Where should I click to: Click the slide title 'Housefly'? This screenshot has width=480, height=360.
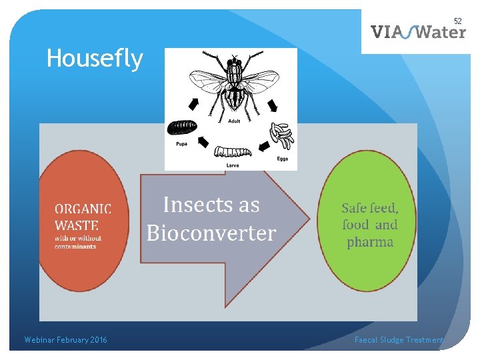(94, 59)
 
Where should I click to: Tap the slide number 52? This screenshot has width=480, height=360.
(457, 21)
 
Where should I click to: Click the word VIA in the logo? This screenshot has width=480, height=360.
(386, 32)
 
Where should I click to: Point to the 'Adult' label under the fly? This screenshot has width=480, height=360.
(234, 121)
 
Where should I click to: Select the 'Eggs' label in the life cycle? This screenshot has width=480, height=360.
(283, 159)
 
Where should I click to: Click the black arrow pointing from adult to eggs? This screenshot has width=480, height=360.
(273, 105)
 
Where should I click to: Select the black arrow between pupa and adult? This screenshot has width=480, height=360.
(193, 103)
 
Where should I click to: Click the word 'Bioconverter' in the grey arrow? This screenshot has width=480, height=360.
(211, 233)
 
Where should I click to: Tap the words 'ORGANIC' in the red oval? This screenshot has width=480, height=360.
(83, 209)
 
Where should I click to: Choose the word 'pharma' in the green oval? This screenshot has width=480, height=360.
(369, 241)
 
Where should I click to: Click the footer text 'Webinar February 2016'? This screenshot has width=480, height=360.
(65, 340)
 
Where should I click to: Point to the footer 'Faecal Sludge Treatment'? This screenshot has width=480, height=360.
(399, 340)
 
